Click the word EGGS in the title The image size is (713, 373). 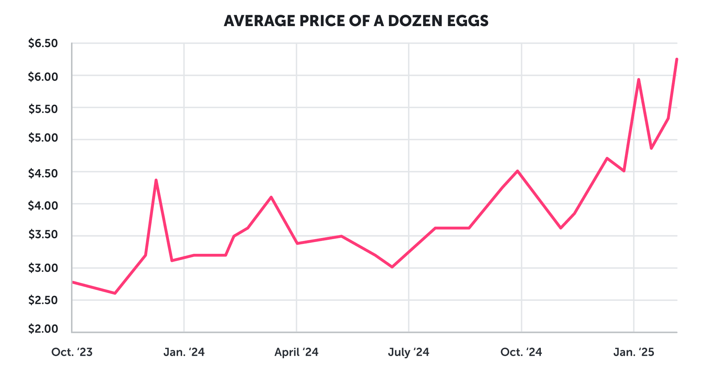point(468,21)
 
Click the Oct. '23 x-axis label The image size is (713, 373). point(72,352)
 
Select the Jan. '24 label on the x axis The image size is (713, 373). point(184,352)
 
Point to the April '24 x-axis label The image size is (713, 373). point(296,352)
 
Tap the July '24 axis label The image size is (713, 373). point(408,352)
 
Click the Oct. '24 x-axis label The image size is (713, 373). point(521,352)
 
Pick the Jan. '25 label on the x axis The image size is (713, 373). point(634,352)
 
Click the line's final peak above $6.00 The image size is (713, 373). point(677,59)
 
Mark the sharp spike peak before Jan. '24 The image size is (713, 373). point(156,180)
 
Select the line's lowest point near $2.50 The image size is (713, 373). point(115,293)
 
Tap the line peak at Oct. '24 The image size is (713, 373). point(517,171)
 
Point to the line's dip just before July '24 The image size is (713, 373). point(392,267)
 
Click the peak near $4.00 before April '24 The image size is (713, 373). point(271,197)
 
